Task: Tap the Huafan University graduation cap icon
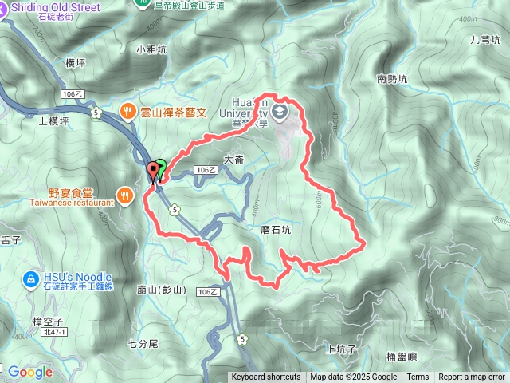tap(279, 113)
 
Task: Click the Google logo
tap(29, 371)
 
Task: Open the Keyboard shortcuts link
tap(266, 377)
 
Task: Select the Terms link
tap(418, 377)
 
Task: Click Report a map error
tap(473, 377)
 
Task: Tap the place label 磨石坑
tap(276, 230)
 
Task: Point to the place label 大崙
tap(233, 160)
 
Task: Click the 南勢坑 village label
tap(391, 79)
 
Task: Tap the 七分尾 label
tap(143, 344)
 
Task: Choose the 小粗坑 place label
tap(151, 49)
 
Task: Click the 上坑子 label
tap(342, 349)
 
